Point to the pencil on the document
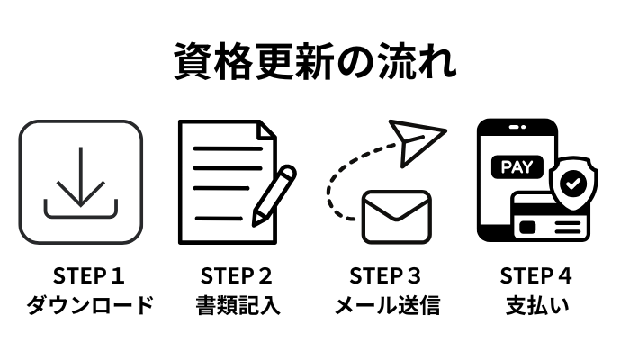click(x=274, y=193)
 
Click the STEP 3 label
click(x=386, y=276)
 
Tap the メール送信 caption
click(x=386, y=305)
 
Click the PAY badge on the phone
click(x=515, y=166)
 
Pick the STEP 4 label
click(x=536, y=276)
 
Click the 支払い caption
click(x=536, y=305)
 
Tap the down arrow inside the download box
click(x=82, y=175)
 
